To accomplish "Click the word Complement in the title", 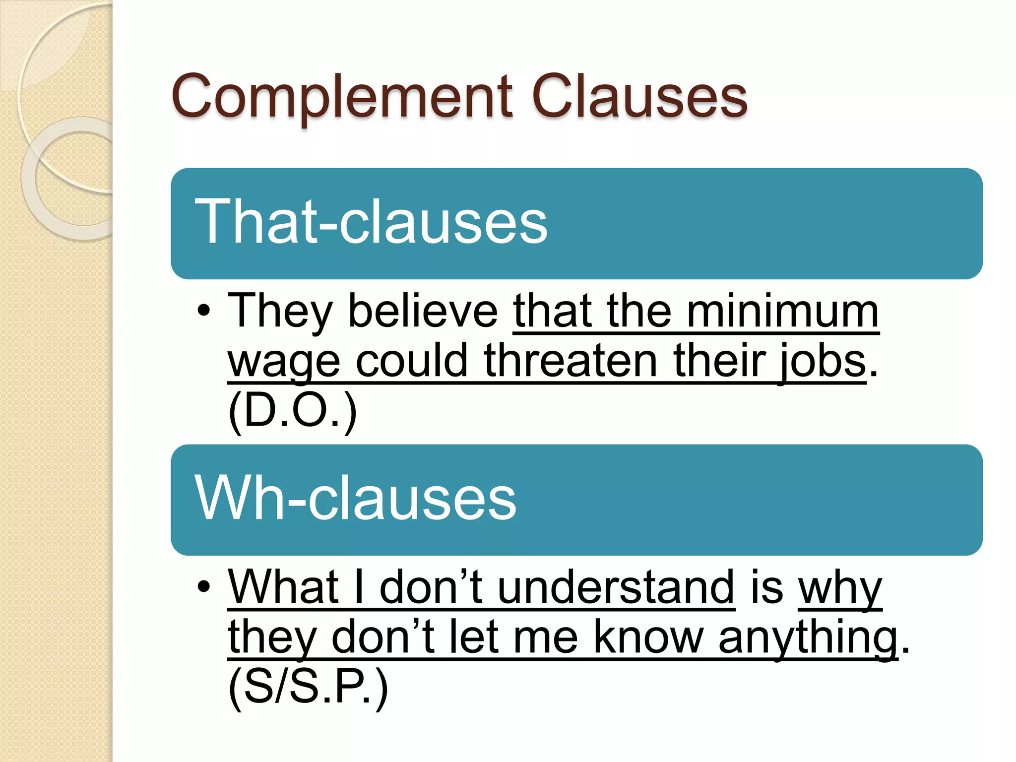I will pyautogui.click(x=342, y=97).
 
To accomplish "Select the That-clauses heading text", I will pyautogui.click(x=371, y=221).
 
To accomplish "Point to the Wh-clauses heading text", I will pyautogui.click(x=355, y=498).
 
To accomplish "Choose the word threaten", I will pyautogui.click(x=571, y=361).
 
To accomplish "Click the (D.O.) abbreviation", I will pyautogui.click(x=293, y=411).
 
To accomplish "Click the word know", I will pyautogui.click(x=648, y=637).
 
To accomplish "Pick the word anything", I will pyautogui.click(x=808, y=638).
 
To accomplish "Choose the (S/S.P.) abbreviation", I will pyautogui.click(x=308, y=687).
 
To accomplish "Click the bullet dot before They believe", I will pyautogui.click(x=204, y=312).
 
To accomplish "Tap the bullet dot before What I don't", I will pyautogui.click(x=204, y=587).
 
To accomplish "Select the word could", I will pyautogui.click(x=412, y=361).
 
